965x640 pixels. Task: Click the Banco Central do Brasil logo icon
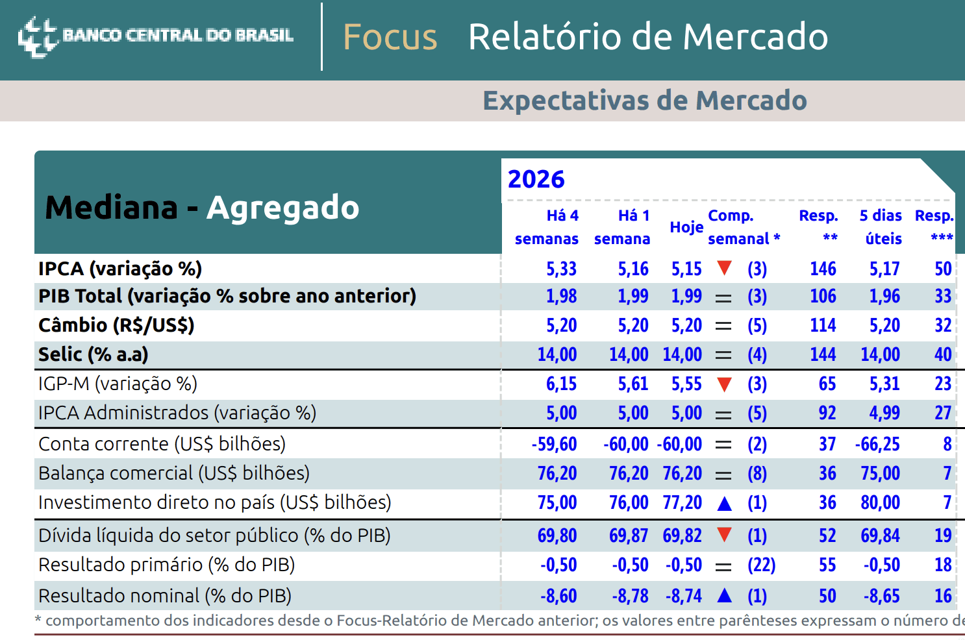click(38, 36)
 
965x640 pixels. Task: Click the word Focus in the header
click(390, 37)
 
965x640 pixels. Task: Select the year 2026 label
click(536, 178)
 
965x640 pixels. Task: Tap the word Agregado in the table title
click(282, 208)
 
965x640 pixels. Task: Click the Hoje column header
click(686, 227)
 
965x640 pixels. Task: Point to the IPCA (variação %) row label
click(120, 269)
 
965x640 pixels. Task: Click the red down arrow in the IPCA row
click(725, 268)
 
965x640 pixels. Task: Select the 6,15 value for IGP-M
click(561, 384)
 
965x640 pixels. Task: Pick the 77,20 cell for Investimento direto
click(682, 502)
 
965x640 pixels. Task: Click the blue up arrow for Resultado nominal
click(725, 596)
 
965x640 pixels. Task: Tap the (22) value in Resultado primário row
click(762, 565)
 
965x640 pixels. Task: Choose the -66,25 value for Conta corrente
click(877, 444)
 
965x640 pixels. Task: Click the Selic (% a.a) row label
click(93, 354)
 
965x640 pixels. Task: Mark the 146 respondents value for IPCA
click(823, 269)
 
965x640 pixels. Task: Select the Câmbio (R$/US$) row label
click(116, 325)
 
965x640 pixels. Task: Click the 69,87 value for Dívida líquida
click(629, 535)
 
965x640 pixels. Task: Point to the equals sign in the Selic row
click(723, 355)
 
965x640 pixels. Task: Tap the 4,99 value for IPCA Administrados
click(884, 413)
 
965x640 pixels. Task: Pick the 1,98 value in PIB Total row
click(561, 297)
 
